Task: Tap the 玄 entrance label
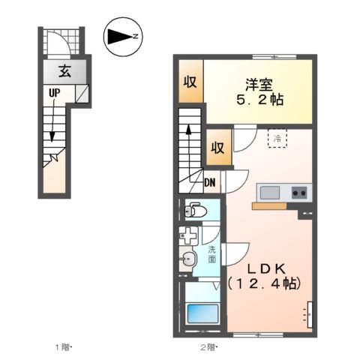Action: click(x=65, y=73)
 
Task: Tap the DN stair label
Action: click(x=212, y=181)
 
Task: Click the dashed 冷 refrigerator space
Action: click(x=278, y=139)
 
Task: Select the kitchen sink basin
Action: click(x=268, y=191)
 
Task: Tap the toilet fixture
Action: click(x=193, y=211)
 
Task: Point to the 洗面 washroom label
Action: click(x=212, y=253)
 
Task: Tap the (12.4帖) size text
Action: click(x=264, y=284)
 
